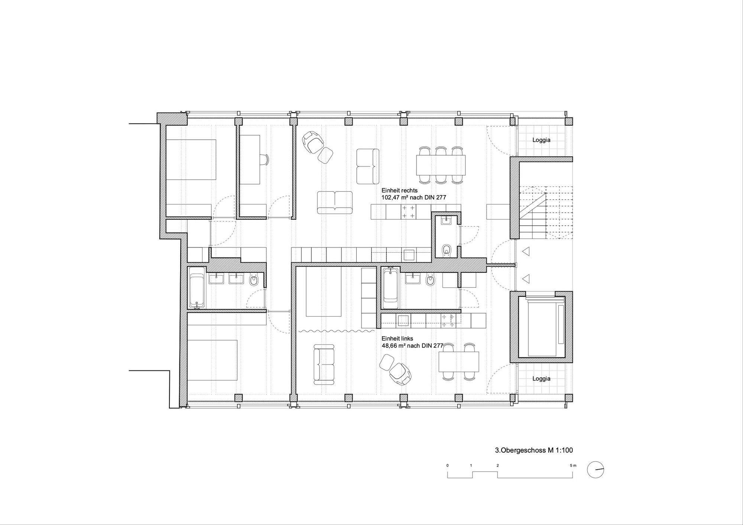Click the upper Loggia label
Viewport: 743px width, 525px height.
(x=541, y=140)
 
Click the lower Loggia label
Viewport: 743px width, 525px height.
(x=541, y=379)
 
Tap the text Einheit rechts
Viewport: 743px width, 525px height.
(x=400, y=190)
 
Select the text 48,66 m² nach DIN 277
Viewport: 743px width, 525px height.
(x=412, y=346)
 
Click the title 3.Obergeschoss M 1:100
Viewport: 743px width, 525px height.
(x=534, y=450)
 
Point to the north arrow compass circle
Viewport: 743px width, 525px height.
(x=596, y=470)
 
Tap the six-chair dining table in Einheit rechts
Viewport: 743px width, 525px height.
(x=441, y=165)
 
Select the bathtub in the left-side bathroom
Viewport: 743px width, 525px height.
(x=197, y=287)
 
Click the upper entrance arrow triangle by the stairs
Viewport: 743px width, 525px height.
(x=525, y=252)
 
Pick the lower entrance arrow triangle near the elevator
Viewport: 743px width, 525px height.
(x=525, y=278)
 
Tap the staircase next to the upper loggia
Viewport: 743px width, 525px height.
(x=546, y=213)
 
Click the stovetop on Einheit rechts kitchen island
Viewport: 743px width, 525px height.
(x=409, y=212)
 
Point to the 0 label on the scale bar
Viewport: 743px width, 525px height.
(x=448, y=465)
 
